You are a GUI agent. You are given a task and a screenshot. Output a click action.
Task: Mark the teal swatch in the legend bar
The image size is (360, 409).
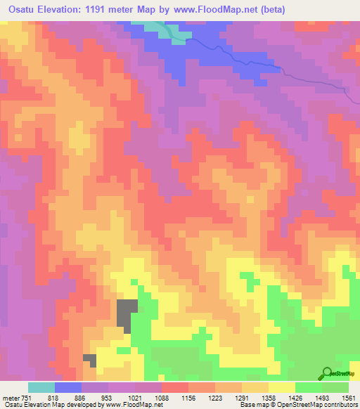(x=41, y=387)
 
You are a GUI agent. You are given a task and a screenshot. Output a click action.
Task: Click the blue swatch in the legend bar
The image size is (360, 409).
(x=67, y=387)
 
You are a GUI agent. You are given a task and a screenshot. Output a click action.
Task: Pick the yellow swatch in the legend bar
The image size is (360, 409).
(x=281, y=387)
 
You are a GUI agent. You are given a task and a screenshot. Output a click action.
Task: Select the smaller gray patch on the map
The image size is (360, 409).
(x=89, y=359)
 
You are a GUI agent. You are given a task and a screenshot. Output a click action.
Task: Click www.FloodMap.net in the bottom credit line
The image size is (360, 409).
(x=133, y=405)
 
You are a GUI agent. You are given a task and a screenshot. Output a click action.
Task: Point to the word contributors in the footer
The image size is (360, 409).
(x=337, y=405)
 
